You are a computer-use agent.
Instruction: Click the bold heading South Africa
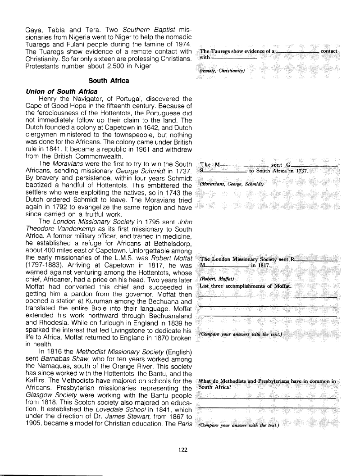point(109,81)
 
